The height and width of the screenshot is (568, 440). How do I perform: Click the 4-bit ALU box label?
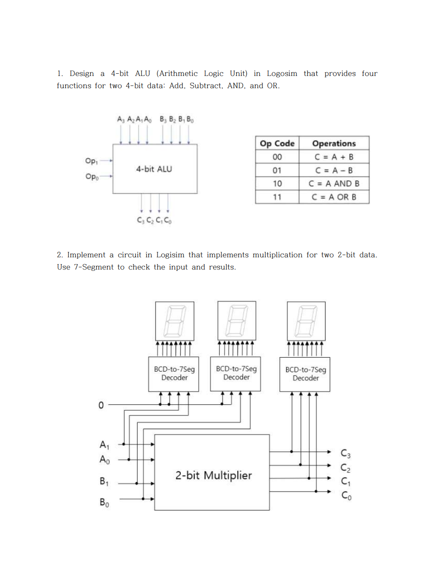[x=154, y=169]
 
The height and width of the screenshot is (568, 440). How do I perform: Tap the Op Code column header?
[x=277, y=143]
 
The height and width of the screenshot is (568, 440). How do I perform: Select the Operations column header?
[x=334, y=143]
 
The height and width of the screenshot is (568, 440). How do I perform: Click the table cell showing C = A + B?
[x=334, y=157]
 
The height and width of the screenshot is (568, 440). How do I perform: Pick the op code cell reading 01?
[x=277, y=170]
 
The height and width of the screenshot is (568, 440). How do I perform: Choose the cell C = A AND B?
[x=334, y=184]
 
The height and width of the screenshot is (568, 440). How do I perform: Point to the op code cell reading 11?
[x=277, y=197]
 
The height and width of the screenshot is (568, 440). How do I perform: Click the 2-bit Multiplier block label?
[x=214, y=475]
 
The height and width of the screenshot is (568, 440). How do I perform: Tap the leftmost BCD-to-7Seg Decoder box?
[x=174, y=374]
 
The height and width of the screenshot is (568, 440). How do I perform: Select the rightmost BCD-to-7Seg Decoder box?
[x=306, y=374]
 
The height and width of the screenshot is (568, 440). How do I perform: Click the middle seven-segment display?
[x=237, y=321]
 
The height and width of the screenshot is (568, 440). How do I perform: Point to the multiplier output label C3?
[x=345, y=453]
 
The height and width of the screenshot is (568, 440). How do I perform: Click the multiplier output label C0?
[x=346, y=496]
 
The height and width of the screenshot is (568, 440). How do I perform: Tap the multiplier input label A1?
[x=105, y=445]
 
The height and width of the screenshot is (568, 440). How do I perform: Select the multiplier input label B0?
[x=104, y=502]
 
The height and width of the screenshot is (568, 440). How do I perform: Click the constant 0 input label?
[x=101, y=405]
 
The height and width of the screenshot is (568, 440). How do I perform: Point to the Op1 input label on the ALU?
[x=91, y=161]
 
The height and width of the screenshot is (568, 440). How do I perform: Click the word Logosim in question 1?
[x=282, y=74]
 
